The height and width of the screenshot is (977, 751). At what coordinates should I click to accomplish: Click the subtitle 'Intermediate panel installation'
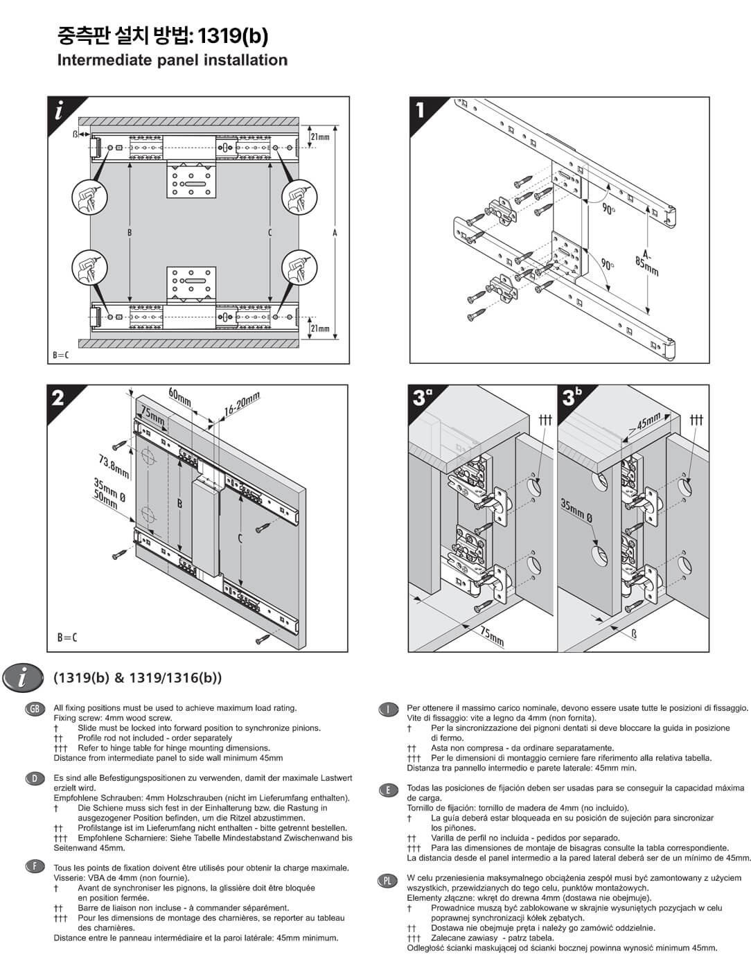click(172, 60)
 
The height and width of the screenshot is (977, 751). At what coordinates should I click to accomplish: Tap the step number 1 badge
click(421, 109)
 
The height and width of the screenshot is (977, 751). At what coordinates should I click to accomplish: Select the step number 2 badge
click(58, 397)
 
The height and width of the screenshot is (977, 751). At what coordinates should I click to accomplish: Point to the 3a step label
click(422, 397)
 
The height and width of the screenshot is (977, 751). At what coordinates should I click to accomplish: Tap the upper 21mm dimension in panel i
click(320, 137)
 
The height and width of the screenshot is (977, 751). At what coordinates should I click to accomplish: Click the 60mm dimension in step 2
click(179, 398)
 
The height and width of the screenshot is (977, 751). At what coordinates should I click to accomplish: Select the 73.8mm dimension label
click(114, 466)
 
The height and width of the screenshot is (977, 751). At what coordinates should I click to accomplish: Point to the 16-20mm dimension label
click(241, 405)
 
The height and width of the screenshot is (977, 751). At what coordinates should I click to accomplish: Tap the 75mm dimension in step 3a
click(492, 635)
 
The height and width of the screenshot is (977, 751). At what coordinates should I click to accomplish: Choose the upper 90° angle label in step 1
click(608, 209)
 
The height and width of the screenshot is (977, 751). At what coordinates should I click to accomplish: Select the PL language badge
click(387, 881)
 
